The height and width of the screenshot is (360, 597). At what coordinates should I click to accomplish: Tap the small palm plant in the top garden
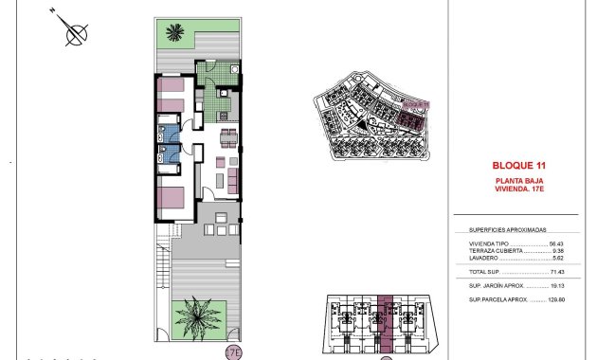(x=173, y=33)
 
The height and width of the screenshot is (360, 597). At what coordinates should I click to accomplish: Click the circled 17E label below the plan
(x=233, y=352)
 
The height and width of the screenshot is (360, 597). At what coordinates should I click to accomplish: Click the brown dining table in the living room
(x=229, y=139)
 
